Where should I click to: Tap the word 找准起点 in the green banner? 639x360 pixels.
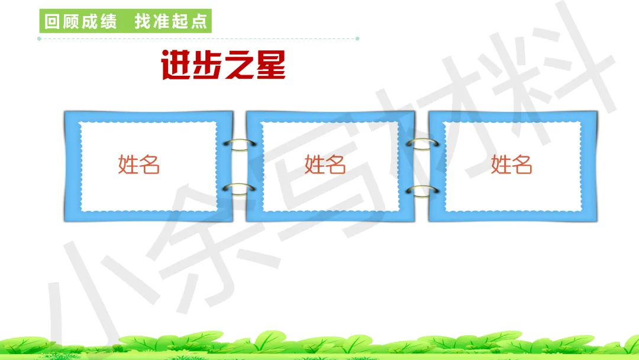tap(171, 22)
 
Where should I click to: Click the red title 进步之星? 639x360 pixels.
tap(224, 66)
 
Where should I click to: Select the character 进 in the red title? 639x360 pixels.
tap(177, 66)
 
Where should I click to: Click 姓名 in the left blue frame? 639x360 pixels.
tap(139, 164)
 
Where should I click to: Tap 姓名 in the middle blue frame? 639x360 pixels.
tap(325, 164)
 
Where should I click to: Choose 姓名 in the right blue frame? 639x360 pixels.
tap(512, 164)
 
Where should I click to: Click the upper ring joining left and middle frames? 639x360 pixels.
tap(240, 144)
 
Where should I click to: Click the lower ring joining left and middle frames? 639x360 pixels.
tap(240, 189)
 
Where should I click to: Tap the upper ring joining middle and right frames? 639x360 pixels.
tap(422, 144)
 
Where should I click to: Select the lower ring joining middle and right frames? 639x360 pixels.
tap(422, 190)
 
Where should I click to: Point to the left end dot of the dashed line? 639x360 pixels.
tap(39, 38)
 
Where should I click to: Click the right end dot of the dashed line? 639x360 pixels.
tap(357, 38)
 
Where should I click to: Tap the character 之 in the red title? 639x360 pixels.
tap(240, 66)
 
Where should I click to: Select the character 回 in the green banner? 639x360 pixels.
tap(52, 22)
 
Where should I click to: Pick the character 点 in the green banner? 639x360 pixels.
tap(200, 22)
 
